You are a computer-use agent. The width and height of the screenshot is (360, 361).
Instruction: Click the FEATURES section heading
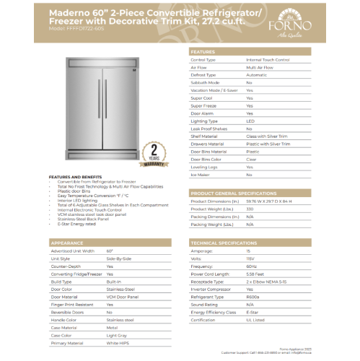pyautogui.click(x=203, y=52)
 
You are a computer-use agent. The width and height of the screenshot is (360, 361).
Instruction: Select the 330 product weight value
pyautogui.click(x=250, y=209)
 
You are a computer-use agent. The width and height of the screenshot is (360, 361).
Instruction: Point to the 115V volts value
pyautogui.click(x=250, y=258)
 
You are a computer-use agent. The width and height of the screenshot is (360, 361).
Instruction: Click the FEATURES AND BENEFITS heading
pyautogui.click(x=74, y=176)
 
